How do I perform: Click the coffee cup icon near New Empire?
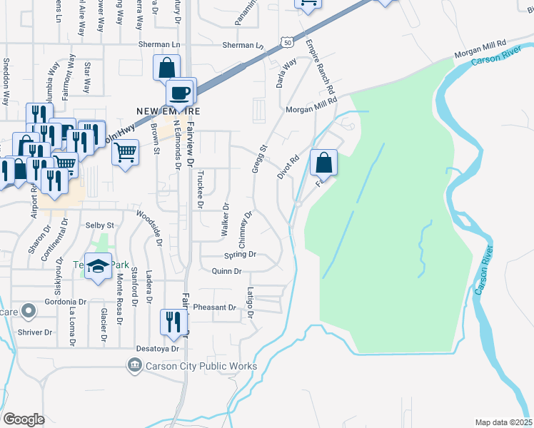(181, 92)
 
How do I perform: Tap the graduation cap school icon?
(99, 267)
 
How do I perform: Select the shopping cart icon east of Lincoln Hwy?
(125, 151)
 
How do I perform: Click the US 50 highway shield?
(286, 42)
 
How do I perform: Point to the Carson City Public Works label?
(191, 367)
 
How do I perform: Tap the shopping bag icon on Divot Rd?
(324, 163)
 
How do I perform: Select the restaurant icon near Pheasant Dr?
(173, 323)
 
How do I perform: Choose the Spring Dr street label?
(239, 255)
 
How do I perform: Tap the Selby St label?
(100, 225)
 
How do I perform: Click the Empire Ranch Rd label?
(320, 68)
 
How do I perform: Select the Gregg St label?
(258, 160)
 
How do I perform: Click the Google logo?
(24, 419)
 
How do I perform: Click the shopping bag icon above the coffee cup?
(166, 68)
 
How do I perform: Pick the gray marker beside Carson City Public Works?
(133, 367)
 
